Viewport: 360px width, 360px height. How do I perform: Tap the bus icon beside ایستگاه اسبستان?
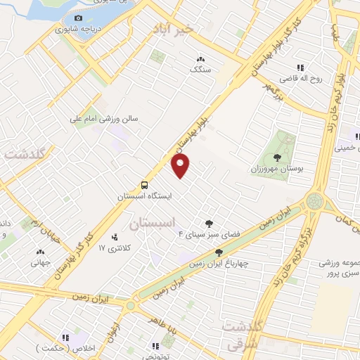tap(144, 185)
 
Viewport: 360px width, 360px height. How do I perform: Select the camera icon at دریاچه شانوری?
tap(78, 18)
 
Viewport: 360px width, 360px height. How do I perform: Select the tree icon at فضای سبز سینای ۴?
tap(208, 223)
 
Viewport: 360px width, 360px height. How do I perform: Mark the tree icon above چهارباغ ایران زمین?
tap(219, 252)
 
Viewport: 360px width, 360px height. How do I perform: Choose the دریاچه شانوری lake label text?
tap(77, 30)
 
